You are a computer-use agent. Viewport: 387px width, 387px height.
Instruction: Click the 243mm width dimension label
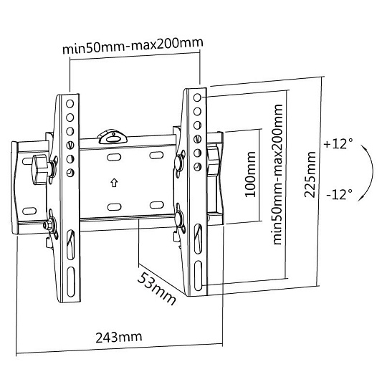click(119, 337)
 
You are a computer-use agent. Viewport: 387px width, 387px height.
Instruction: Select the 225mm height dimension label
click(310, 175)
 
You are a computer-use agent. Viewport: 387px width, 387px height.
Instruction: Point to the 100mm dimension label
click(250, 174)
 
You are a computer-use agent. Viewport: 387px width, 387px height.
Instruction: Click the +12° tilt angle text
click(338, 143)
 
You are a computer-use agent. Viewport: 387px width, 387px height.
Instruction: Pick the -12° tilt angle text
click(340, 194)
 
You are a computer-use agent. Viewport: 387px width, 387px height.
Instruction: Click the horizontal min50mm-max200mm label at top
click(133, 46)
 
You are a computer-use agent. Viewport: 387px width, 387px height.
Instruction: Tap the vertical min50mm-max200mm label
click(277, 174)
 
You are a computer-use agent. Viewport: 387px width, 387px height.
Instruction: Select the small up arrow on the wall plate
click(114, 183)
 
